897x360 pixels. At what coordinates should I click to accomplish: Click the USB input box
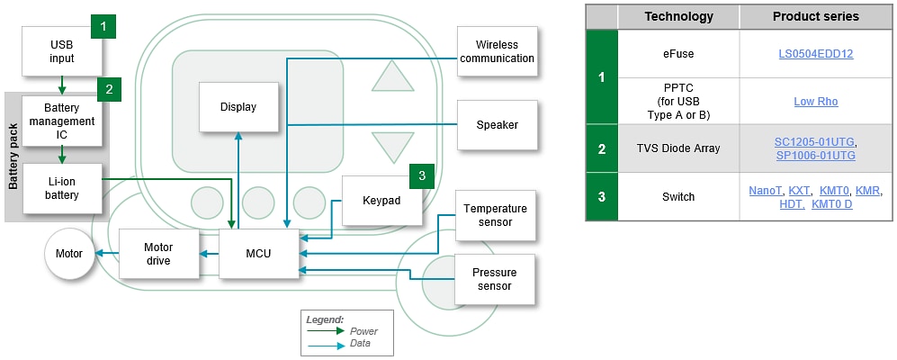click(x=62, y=52)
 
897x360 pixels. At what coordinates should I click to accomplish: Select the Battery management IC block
click(x=62, y=121)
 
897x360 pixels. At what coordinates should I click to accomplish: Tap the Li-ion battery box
click(x=62, y=188)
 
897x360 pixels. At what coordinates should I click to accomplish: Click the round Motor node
click(x=68, y=254)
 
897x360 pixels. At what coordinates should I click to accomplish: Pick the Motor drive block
click(x=158, y=254)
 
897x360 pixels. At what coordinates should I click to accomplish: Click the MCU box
click(x=258, y=254)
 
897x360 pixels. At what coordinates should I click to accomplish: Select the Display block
click(x=238, y=107)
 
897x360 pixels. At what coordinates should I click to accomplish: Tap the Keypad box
click(x=381, y=200)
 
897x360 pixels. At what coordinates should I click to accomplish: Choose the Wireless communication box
click(x=498, y=52)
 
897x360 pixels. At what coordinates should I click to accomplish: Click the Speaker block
click(x=498, y=125)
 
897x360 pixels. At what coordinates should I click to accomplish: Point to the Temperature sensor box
click(x=495, y=215)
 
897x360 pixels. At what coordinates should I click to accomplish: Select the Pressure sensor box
click(x=495, y=279)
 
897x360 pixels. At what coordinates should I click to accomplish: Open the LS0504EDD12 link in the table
click(x=815, y=54)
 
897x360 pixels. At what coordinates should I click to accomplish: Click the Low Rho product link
click(x=815, y=102)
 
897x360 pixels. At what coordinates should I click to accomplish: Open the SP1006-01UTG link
click(x=815, y=156)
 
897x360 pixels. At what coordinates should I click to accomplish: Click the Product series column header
click(x=815, y=16)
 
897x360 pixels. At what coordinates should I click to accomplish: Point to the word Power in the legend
click(x=363, y=331)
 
